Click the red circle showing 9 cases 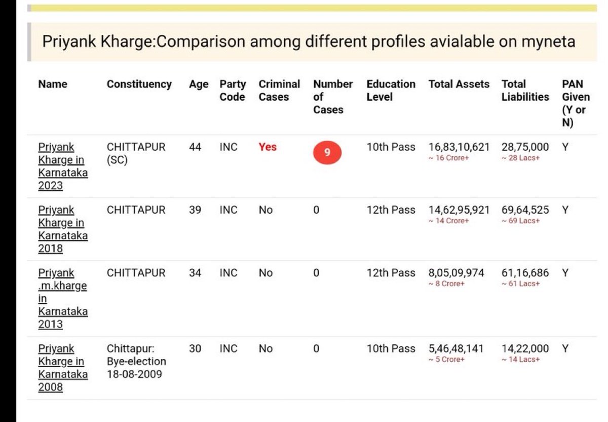pos(327,153)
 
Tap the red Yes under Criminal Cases pos(268,147)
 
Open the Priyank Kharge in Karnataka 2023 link pos(62,166)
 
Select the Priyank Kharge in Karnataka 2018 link pos(62,229)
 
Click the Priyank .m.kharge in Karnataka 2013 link pos(62,298)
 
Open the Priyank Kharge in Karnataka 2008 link pos(62,368)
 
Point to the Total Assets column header pos(459,84)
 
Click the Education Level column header pos(391,90)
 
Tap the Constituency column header pos(139,84)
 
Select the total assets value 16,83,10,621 pos(459,147)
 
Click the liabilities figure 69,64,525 pos(525,210)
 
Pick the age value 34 pos(195,273)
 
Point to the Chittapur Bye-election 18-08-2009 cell pos(136,362)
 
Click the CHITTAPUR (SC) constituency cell pos(136,153)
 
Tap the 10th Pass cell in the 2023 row pos(391,147)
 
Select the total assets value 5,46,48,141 pos(456,348)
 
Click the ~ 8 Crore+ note pos(446,284)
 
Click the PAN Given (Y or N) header pos(576,103)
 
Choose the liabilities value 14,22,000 pos(525,348)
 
